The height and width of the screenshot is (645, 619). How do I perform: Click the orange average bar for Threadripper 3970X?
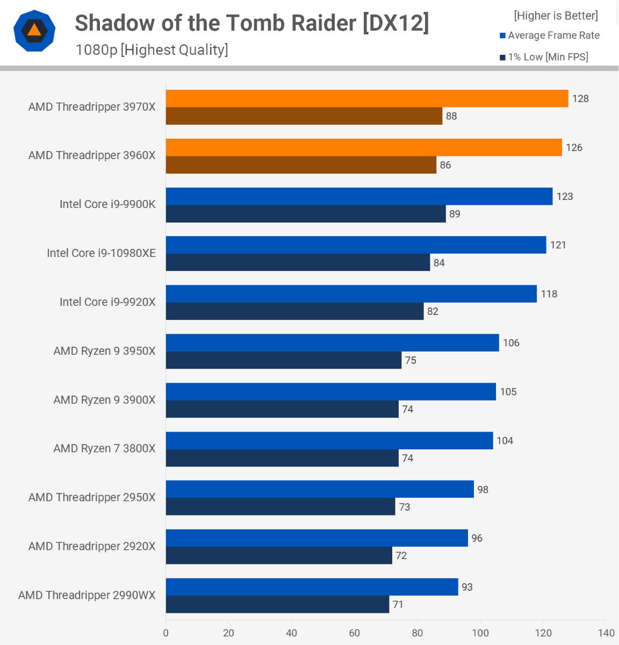click(x=366, y=99)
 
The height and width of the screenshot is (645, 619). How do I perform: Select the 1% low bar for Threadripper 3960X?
click(x=301, y=165)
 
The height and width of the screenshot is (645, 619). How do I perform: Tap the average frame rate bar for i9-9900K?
click(x=359, y=197)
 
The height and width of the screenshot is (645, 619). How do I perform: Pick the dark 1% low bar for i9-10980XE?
click(x=298, y=262)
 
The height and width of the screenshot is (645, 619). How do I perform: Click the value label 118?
click(x=549, y=294)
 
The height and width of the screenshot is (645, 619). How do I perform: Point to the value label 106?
click(x=511, y=343)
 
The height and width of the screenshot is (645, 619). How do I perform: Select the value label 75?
click(x=411, y=360)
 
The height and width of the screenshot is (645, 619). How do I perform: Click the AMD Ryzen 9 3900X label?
click(x=104, y=400)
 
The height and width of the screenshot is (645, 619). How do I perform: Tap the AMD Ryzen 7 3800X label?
click(x=104, y=448)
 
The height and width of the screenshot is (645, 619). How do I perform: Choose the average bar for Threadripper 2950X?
click(x=320, y=489)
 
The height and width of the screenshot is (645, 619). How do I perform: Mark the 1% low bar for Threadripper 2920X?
click(x=279, y=555)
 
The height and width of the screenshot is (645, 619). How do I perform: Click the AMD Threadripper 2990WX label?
click(x=87, y=595)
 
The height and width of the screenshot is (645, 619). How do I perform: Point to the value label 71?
click(x=398, y=604)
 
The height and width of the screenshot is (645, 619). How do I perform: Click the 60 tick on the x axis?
click(x=354, y=633)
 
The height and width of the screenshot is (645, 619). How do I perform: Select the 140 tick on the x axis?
click(x=606, y=633)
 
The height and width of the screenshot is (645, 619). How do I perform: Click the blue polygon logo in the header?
click(x=34, y=31)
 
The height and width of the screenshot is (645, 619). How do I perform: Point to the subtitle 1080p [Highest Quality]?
click(x=152, y=50)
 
